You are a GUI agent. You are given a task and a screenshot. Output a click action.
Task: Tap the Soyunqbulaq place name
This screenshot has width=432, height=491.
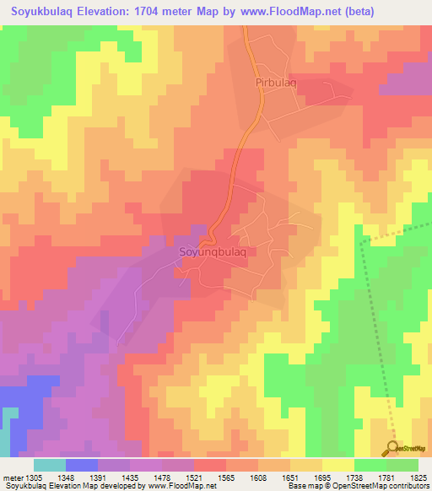[x=213, y=251]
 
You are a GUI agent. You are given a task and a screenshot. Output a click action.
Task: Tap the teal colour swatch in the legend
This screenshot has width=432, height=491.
[x=49, y=465]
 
